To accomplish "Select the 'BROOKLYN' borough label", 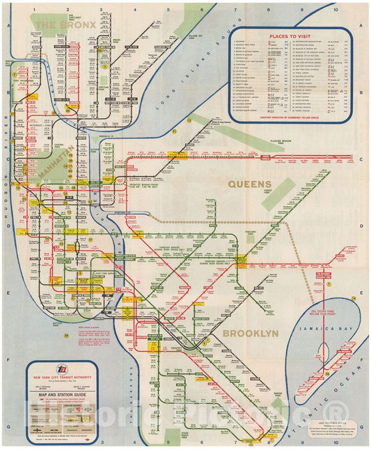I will tap(251, 334).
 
